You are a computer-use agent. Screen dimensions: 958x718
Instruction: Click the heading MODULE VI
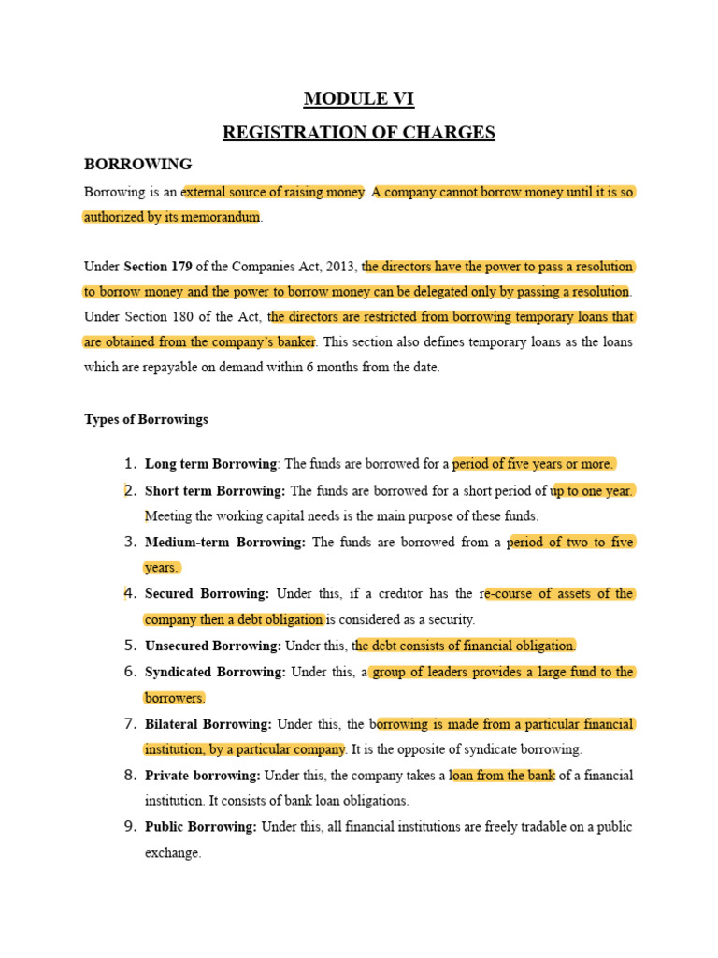pos(358,98)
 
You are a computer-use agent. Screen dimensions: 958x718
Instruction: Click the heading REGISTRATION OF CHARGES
pos(358,132)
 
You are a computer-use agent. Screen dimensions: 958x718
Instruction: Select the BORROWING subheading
pos(138,164)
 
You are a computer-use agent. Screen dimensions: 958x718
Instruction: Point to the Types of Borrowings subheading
pos(146,419)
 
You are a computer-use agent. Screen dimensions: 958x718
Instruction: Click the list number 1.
pos(131,464)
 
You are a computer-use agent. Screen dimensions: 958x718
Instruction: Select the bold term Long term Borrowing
pos(211,464)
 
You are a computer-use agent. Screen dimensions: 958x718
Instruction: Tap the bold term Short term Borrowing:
pos(215,490)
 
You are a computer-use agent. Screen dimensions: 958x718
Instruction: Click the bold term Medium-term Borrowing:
pos(225,542)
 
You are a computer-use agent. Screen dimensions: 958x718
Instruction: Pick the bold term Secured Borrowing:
pos(208,593)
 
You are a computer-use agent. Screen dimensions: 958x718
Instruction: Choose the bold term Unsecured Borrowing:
pos(213,646)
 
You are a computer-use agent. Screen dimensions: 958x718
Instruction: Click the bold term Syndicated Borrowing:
pos(215,672)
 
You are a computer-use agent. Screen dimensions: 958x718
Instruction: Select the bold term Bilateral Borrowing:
pos(208,724)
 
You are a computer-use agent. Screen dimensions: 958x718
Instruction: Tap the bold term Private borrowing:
pos(203,776)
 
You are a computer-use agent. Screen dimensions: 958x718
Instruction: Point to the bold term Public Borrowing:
pos(201,827)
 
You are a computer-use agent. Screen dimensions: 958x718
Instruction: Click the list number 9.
pos(131,827)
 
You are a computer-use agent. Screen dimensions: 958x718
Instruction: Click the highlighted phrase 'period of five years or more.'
pos(533,464)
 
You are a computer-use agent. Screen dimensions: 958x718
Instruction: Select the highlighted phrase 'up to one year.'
pos(592,490)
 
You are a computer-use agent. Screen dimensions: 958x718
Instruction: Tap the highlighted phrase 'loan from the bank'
pos(503,776)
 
